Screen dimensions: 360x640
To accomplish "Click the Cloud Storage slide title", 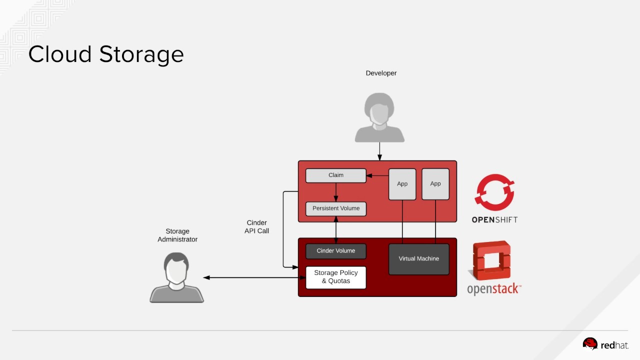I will [106, 54].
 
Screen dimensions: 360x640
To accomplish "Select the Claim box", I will [336, 175].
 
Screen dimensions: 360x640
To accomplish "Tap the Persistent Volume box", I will [336, 208].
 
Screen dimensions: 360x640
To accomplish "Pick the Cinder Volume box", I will [336, 251].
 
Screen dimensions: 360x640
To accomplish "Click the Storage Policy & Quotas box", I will [336, 277].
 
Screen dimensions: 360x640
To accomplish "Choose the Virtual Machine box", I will [419, 259].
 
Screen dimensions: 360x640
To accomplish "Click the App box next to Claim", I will [402, 184].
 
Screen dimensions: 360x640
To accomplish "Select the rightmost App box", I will [435, 184].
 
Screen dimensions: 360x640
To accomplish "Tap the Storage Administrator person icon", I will [177, 277].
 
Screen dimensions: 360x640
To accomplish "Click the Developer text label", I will [381, 73].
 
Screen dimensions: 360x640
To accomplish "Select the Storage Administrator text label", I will [177, 235].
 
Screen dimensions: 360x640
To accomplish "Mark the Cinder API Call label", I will [256, 227].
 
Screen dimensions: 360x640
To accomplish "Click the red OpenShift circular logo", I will [494, 192].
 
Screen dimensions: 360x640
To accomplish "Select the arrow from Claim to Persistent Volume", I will [336, 192].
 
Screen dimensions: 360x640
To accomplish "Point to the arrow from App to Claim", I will [377, 175].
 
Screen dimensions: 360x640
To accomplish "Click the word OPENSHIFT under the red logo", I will [494, 219].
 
